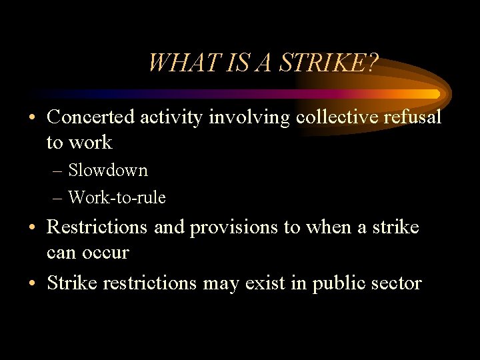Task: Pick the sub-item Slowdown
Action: click(108, 171)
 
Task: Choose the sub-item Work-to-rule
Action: click(117, 198)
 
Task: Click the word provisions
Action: click(235, 227)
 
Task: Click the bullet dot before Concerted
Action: click(33, 118)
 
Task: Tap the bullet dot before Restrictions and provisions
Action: click(33, 228)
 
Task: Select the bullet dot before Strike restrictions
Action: click(33, 284)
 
